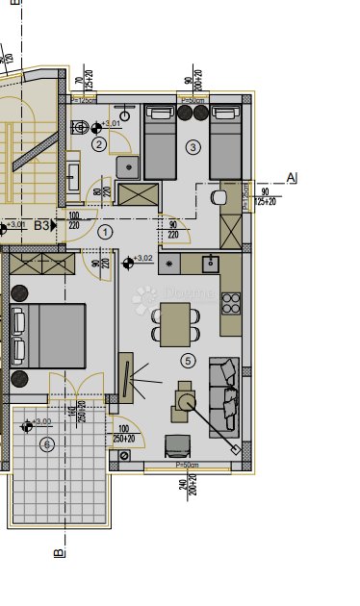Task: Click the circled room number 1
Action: point(106,231)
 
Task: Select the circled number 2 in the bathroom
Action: point(98,144)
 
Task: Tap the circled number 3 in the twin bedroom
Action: point(193,147)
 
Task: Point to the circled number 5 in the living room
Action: point(189,361)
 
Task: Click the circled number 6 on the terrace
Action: point(46,443)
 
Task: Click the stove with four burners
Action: point(231,304)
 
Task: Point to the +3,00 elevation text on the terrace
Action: point(42,421)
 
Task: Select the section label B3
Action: point(42,225)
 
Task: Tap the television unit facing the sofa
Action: point(125,377)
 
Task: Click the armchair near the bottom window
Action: point(178,445)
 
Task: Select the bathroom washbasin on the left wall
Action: point(74,175)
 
